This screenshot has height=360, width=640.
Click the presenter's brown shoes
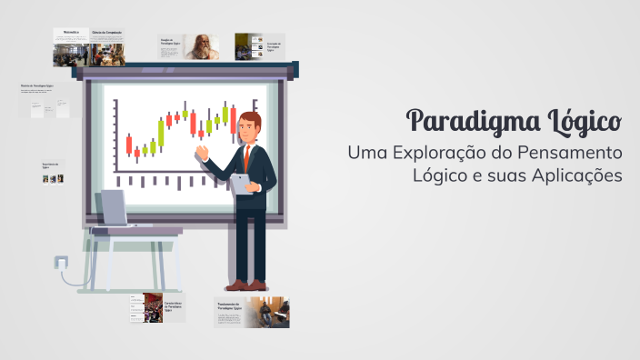pyautogui.click(x=247, y=285)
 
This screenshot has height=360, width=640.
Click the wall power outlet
pyautogui.click(x=60, y=263)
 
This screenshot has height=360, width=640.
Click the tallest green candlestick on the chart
pyautogui.click(x=161, y=135)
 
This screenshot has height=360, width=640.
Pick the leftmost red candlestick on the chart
pyautogui.click(x=129, y=144)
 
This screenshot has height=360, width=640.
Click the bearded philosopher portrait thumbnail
pyautogui.click(x=203, y=46)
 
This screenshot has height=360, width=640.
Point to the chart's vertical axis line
pyautogui.click(x=115, y=136)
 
